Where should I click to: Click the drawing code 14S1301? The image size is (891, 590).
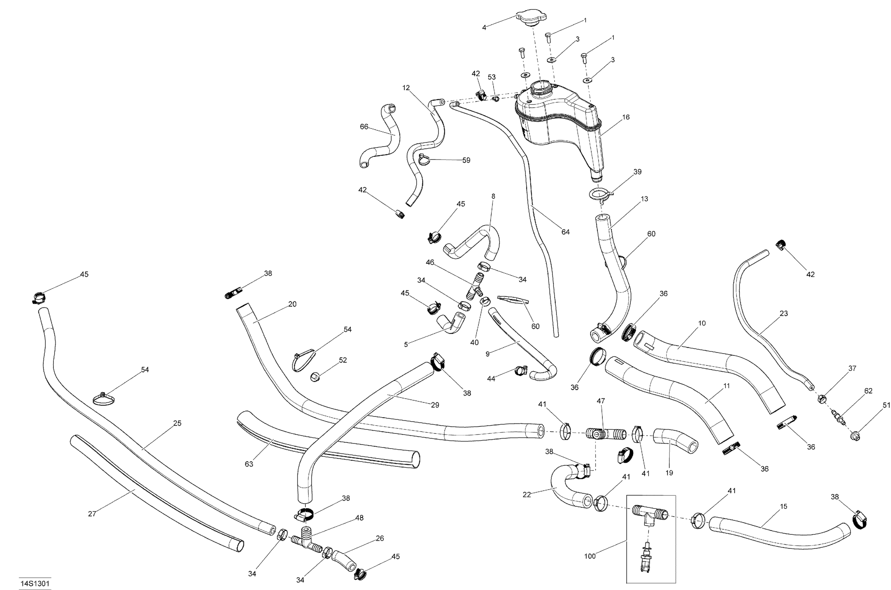[35, 583]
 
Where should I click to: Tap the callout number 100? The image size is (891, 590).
[590, 556]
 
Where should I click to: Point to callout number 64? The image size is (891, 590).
[565, 232]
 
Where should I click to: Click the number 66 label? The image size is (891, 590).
[364, 127]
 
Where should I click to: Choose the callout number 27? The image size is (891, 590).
[92, 514]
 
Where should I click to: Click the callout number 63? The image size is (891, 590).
[249, 464]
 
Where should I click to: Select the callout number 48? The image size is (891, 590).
[359, 518]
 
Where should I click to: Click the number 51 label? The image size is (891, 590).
[887, 405]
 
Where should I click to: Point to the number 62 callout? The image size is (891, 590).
[868, 391]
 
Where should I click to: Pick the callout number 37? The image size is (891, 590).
[852, 368]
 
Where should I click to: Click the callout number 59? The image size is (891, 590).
[466, 160]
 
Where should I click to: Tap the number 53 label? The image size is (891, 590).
[492, 77]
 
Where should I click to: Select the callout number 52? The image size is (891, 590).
[343, 360]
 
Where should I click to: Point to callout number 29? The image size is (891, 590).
[435, 405]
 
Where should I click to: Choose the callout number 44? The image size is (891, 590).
[491, 379]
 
